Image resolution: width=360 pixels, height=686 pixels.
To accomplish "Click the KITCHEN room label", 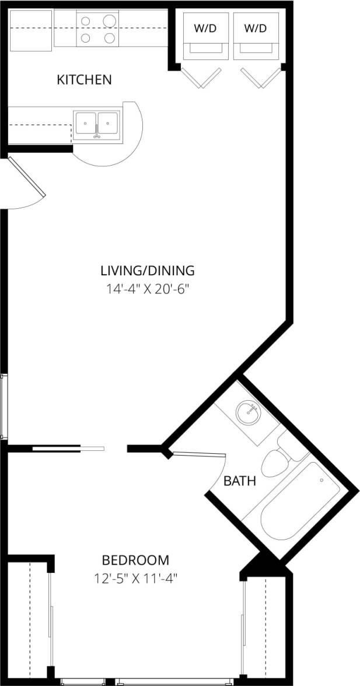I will tap(84, 79).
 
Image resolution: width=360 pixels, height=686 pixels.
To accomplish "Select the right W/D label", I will tap(255, 28).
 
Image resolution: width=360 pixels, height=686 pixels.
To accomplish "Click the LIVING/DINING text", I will tap(147, 271).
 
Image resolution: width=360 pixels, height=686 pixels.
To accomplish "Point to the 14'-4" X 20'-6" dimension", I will tap(147, 289).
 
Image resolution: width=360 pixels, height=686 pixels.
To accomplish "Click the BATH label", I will tap(240, 482).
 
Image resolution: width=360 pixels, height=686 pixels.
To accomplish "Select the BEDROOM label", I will tap(135, 561).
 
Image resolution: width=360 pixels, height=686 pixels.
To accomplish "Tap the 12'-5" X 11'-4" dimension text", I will tap(135, 579).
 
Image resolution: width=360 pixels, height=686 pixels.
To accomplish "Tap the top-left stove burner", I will tap(86, 22).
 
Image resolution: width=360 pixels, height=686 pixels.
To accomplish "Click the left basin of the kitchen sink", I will tap(86, 123).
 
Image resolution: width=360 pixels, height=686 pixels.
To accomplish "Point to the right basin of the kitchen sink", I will tap(108, 123).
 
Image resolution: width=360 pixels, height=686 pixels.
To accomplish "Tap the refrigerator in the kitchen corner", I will tap(31, 30).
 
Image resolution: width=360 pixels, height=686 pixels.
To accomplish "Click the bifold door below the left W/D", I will tap(202, 78).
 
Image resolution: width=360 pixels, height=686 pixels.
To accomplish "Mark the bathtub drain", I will tap(321, 480).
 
